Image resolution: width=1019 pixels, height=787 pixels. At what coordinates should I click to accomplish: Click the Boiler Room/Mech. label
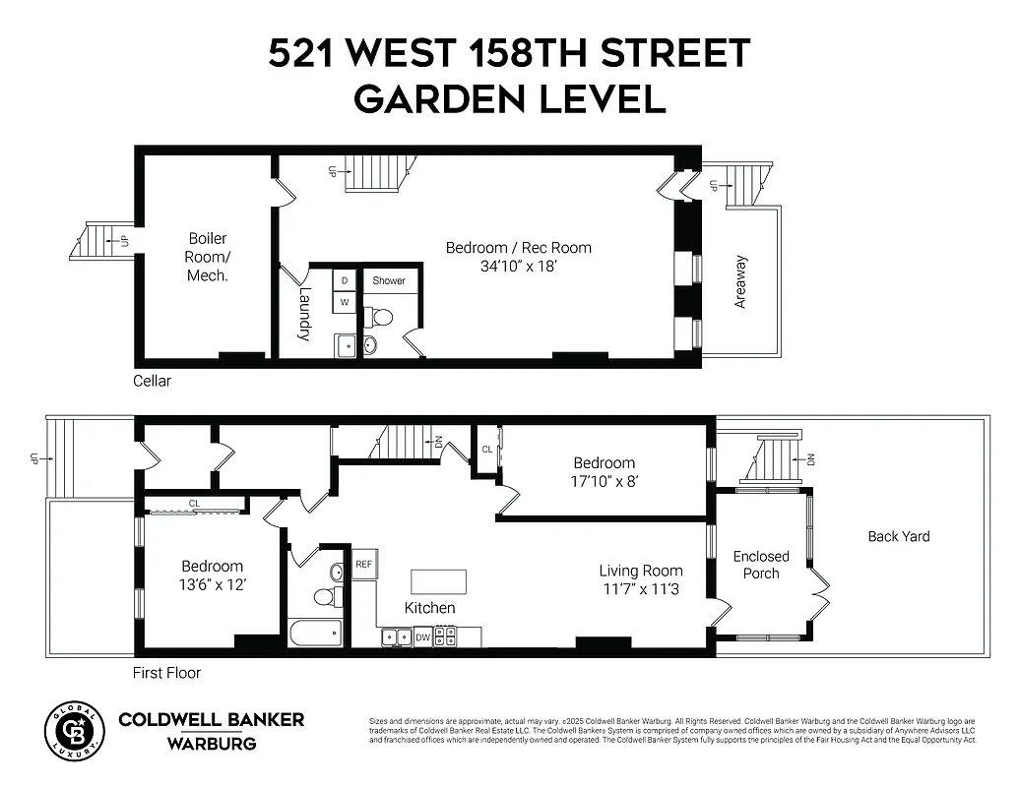click(x=208, y=257)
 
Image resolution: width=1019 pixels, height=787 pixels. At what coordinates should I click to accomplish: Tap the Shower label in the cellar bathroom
click(x=389, y=280)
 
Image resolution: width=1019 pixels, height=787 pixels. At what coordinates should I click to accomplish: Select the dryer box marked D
click(x=345, y=280)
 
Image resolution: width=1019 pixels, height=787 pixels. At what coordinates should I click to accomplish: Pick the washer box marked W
click(x=345, y=303)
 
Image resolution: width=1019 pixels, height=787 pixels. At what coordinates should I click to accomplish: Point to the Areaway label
click(x=740, y=283)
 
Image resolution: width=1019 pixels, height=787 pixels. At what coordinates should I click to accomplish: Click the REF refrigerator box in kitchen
click(x=363, y=565)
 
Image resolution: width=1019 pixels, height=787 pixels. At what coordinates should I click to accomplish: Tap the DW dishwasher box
click(x=422, y=637)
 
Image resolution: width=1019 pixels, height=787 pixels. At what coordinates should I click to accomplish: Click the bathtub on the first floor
click(x=315, y=633)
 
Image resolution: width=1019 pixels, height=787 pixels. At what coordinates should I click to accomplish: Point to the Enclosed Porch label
click(x=761, y=565)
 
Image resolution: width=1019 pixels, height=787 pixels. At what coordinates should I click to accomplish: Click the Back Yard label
click(x=898, y=536)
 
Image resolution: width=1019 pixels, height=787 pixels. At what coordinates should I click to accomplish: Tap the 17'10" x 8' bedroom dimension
click(x=605, y=482)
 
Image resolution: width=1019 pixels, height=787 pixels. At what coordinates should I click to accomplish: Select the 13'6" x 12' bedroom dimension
click(x=212, y=584)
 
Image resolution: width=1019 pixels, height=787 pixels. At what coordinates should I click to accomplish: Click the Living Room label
click(x=641, y=571)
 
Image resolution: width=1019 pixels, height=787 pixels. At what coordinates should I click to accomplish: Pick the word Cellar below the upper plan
click(x=153, y=381)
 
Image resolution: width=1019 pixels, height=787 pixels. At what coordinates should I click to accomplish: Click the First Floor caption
click(x=166, y=673)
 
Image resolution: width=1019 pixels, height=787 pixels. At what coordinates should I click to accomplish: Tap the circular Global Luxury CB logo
click(x=74, y=731)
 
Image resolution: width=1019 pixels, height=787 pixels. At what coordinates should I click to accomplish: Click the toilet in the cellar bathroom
click(x=379, y=317)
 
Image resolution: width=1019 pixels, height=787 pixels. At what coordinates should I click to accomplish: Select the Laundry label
click(x=304, y=314)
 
